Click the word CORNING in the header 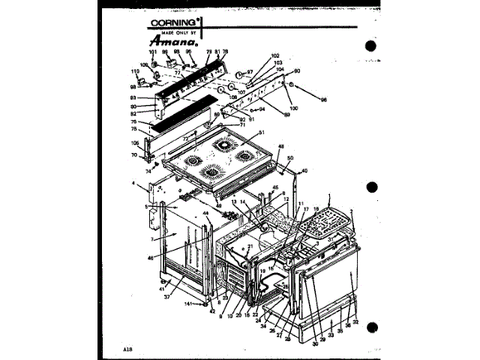point(172,22)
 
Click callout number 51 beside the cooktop point(262,133)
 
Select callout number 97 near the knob point(250,72)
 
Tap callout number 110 point(135,72)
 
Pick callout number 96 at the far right point(324,100)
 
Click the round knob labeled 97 point(238,74)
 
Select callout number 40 point(304,170)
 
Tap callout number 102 point(275,56)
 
